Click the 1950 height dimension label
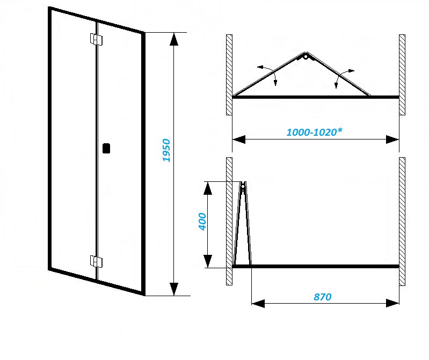(166, 151)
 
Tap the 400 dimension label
(202, 221)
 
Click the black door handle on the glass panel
(106, 148)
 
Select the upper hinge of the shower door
(96, 40)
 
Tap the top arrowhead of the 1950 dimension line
(173, 39)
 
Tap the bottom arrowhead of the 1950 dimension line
(173, 289)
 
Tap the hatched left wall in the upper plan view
(229, 75)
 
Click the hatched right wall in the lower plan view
(402, 221)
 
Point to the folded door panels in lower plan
(243, 225)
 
